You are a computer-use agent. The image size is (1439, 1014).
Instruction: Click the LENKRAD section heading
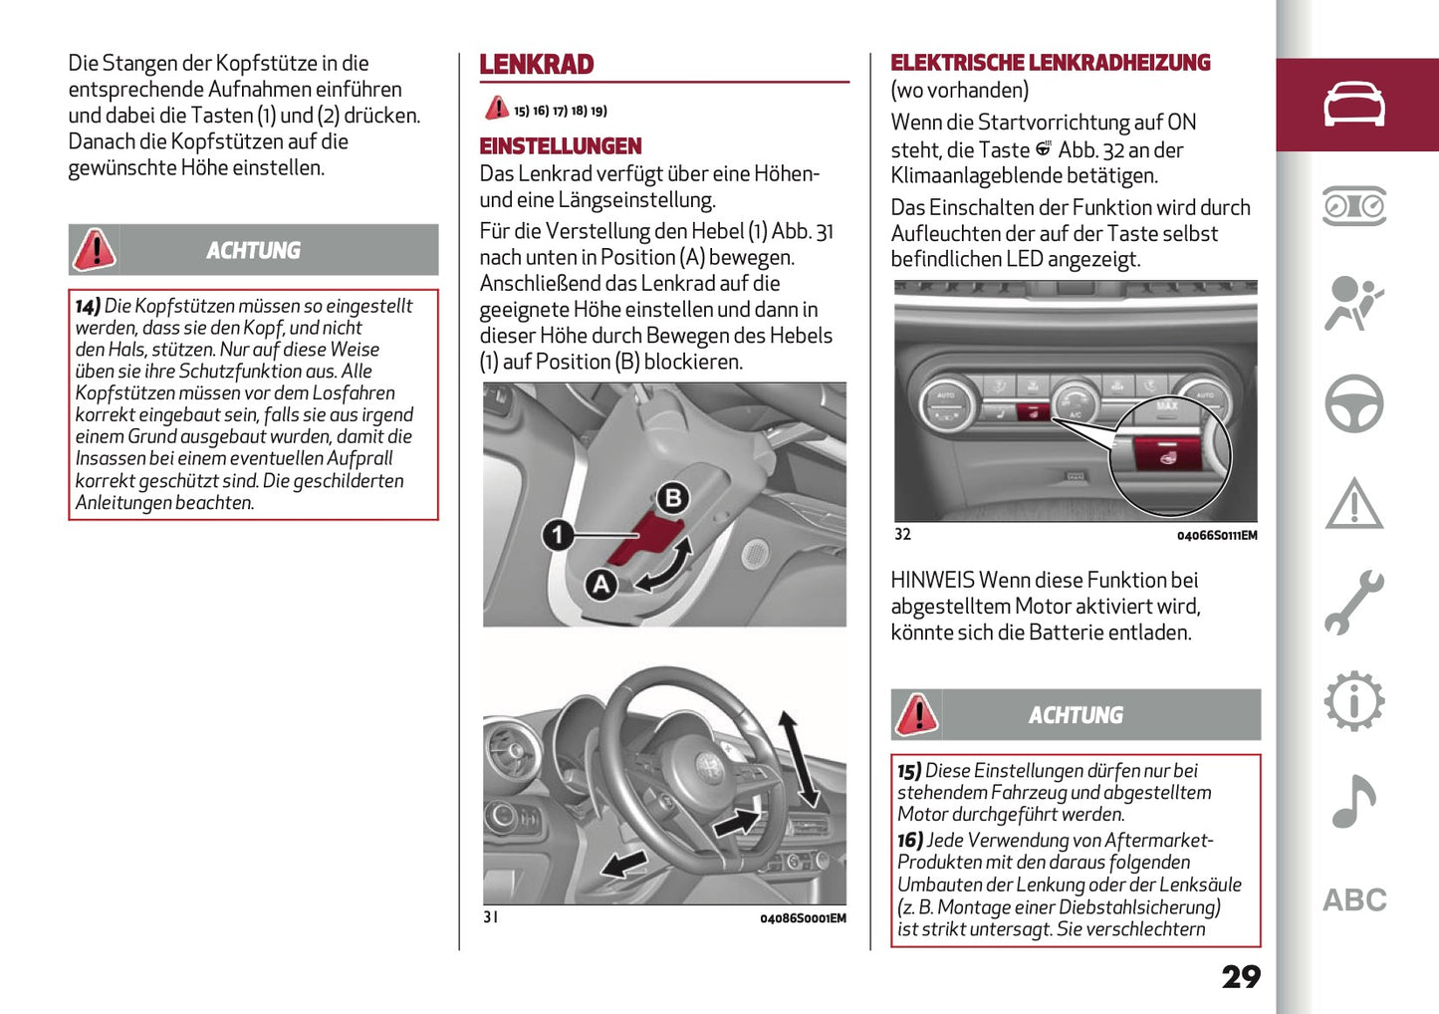click(x=536, y=65)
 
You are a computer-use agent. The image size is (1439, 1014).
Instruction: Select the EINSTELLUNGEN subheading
click(x=561, y=146)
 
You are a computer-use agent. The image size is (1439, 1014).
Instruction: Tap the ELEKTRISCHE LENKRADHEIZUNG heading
click(x=1050, y=63)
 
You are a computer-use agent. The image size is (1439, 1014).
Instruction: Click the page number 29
click(x=1241, y=976)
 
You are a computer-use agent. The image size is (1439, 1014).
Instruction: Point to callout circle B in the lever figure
click(x=673, y=498)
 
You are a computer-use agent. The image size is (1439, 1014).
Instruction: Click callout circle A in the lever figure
click(x=600, y=584)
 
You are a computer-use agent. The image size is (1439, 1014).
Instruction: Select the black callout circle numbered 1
click(x=558, y=535)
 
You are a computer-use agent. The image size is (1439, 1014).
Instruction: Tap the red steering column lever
click(x=643, y=539)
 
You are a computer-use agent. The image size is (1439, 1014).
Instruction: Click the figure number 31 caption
click(x=491, y=917)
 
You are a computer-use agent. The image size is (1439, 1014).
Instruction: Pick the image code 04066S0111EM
click(x=1216, y=536)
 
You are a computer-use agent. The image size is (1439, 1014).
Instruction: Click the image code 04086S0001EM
click(x=803, y=918)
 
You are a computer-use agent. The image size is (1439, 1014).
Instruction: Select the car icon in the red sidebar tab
click(x=1353, y=105)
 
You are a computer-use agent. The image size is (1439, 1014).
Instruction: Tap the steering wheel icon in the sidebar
click(x=1353, y=403)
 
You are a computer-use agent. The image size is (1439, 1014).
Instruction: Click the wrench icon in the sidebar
click(x=1353, y=603)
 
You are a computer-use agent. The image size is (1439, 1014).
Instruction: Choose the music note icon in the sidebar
click(x=1353, y=802)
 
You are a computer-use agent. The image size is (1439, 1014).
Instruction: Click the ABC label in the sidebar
click(x=1354, y=900)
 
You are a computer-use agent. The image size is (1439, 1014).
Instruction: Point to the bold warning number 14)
click(x=88, y=307)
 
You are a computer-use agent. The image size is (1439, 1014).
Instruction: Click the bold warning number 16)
click(x=910, y=841)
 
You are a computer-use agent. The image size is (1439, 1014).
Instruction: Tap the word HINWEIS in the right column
click(x=932, y=581)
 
